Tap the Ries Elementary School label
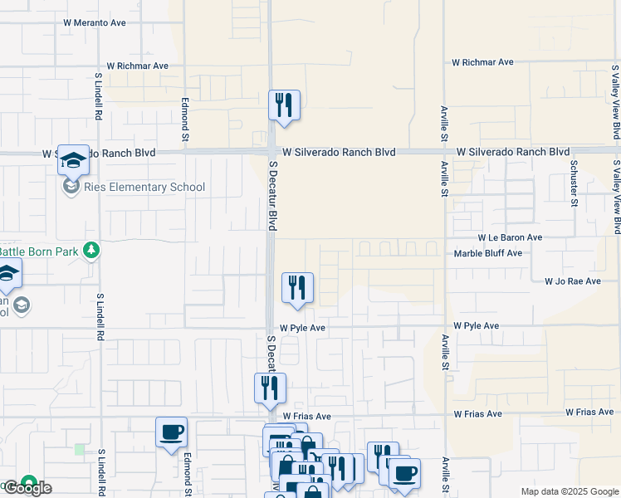pos(144,187)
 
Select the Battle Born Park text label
pos(39,251)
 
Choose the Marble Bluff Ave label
pos(488,253)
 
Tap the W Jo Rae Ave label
pos(572,281)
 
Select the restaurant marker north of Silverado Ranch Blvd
pos(284,105)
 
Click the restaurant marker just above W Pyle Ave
pos(297,288)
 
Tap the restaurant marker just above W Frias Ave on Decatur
pos(269,388)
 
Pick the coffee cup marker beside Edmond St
pos(171,432)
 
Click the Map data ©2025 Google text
pos(570,491)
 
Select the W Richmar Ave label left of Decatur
pos(138,66)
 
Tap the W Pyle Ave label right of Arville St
pos(476,326)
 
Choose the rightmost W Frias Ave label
pos(589,413)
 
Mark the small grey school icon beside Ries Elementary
pos(71,187)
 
